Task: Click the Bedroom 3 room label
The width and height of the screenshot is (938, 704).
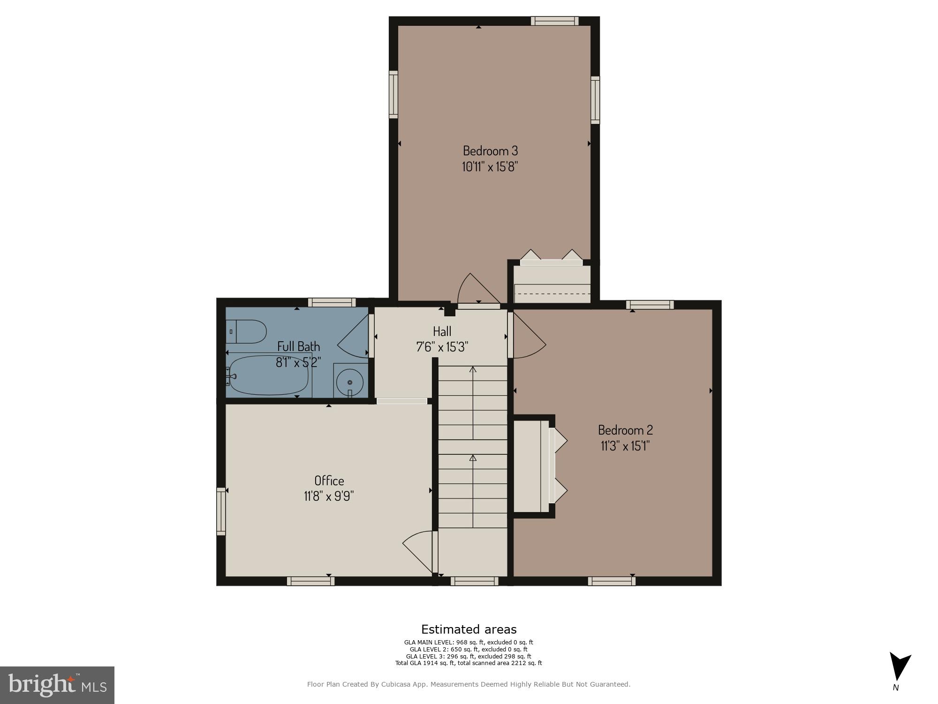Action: point(490,151)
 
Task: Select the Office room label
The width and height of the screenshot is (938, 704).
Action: point(329,481)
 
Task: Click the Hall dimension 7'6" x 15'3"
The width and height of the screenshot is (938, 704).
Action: point(442,347)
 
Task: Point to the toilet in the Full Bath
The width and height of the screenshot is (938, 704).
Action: point(246,331)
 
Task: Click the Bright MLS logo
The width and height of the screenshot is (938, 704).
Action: point(57,685)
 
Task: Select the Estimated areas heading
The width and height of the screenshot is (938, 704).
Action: point(469,629)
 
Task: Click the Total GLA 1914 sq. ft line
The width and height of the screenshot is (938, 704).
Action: point(469,663)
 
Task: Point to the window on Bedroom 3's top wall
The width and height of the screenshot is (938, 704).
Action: point(554,21)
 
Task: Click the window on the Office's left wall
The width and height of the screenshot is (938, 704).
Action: point(221,511)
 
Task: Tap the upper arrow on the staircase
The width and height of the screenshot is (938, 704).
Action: point(473,370)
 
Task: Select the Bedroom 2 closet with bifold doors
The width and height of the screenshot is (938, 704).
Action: point(535,466)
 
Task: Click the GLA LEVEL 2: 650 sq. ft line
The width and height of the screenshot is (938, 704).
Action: point(469,650)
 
